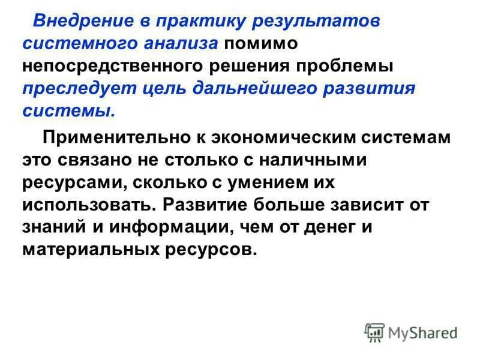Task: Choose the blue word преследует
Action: (75, 88)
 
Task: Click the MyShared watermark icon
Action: (374, 332)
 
